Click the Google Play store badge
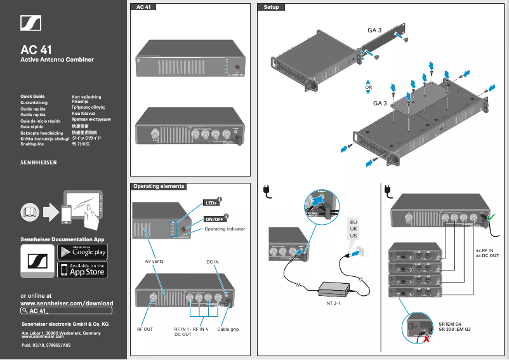pos(83,251)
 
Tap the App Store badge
pos(83,270)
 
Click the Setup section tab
pos(271,7)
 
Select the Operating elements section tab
pos(159,187)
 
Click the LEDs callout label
pos(211,203)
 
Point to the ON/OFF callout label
pos(214,219)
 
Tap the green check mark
pos(493,219)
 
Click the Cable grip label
pos(228,330)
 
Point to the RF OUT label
pos(145,330)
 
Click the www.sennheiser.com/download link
pos(67,303)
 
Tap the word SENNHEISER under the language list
pos(39,163)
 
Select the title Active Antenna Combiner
pos(57,60)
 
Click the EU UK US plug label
pos(354,229)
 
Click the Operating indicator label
pos(225,229)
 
